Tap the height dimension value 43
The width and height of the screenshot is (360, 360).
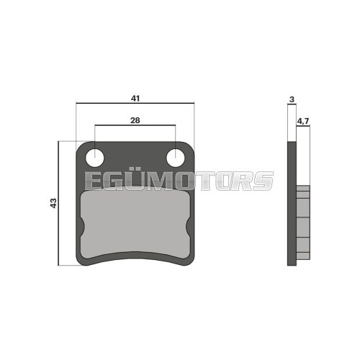pyautogui.click(x=53, y=204)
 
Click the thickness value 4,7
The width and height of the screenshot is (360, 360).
pyautogui.click(x=303, y=122)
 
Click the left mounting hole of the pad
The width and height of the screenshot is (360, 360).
pyautogui.click(x=94, y=157)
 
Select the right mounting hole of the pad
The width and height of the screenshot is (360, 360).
pyautogui.click(x=176, y=157)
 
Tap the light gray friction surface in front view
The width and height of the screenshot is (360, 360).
pyautogui.click(x=135, y=223)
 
